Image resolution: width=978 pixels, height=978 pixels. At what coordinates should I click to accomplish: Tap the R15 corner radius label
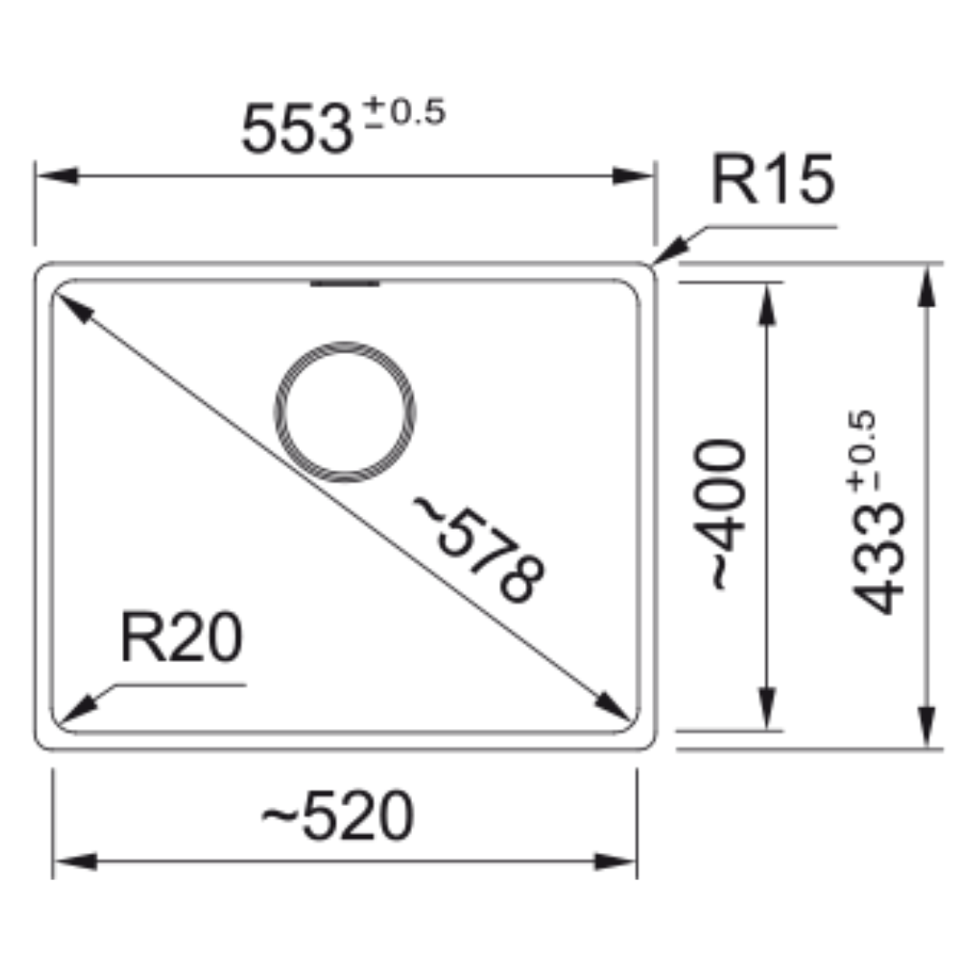click(x=772, y=179)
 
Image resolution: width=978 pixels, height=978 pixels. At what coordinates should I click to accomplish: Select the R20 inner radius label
click(x=181, y=637)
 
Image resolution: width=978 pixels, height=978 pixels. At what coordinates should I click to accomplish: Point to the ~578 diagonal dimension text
click(x=479, y=549)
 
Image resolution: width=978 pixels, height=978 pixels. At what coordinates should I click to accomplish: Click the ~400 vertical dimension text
click(x=719, y=514)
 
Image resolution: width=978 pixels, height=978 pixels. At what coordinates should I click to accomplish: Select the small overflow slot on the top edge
click(x=345, y=283)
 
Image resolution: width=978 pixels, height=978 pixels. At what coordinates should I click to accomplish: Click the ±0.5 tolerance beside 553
click(x=404, y=112)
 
